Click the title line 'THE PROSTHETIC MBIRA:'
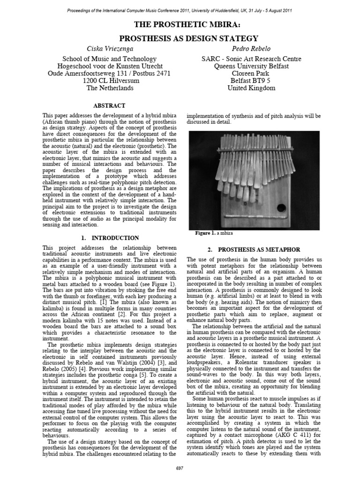click(180, 24)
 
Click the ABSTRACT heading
click(109, 106)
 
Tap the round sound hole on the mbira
click(281, 208)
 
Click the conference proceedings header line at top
click(180, 9)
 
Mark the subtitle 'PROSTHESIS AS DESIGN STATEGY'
click(180, 38)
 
